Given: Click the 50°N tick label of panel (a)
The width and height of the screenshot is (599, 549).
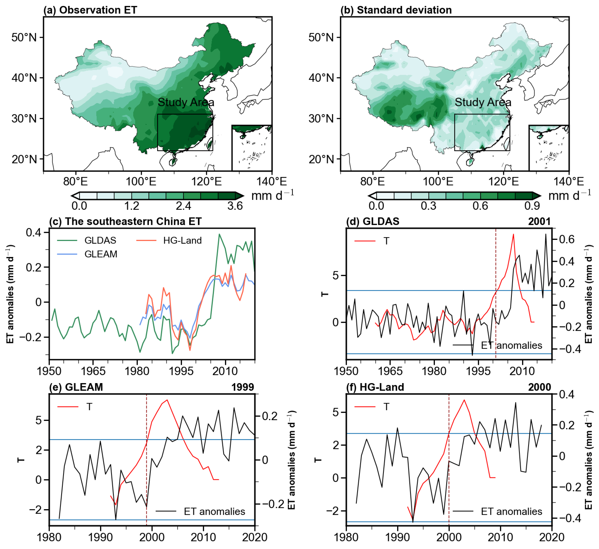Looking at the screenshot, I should pyautogui.click(x=24, y=38).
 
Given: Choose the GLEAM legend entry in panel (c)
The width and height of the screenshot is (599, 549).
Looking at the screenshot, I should pyautogui.click(x=101, y=254).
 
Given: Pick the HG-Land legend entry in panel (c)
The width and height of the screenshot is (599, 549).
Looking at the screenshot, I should pyautogui.click(x=182, y=240).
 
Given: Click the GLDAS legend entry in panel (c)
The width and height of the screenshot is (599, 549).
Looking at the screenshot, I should pyautogui.click(x=100, y=240).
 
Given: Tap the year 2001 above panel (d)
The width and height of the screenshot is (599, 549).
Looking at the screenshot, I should pyautogui.click(x=539, y=221).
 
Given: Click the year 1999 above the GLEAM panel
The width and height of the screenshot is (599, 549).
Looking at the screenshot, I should pyautogui.click(x=243, y=387).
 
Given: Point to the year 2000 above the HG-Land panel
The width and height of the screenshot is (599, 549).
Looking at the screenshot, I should pyautogui.click(x=539, y=387).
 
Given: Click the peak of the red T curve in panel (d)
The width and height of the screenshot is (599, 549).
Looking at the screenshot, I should pyautogui.click(x=513, y=234).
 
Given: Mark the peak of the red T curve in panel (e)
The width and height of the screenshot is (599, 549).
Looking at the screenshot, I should pyautogui.click(x=167, y=400).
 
